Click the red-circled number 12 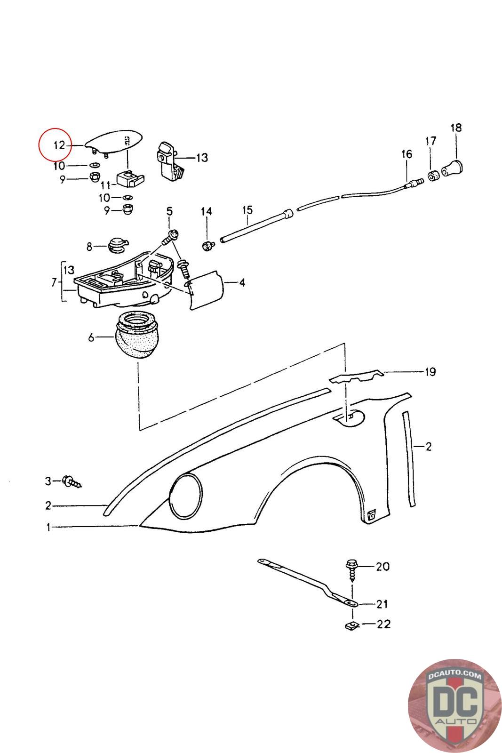tap(59, 145)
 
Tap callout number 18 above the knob tap(455, 128)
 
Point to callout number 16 tap(406, 154)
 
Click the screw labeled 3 tap(71, 481)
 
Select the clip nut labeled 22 tap(350, 625)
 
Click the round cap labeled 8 tap(117, 245)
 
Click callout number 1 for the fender tap(48, 528)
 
